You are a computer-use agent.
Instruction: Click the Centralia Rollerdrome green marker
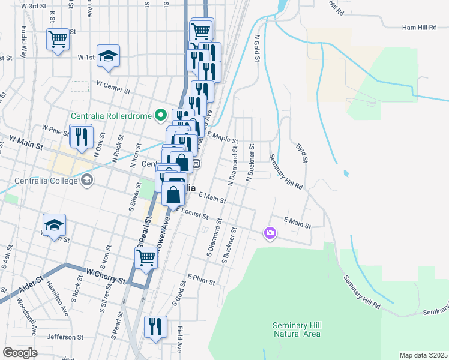point(160,114)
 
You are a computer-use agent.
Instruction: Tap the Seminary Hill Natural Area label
point(297,329)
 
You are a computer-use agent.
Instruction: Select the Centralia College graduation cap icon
point(87,179)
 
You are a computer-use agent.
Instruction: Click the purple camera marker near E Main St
point(270,233)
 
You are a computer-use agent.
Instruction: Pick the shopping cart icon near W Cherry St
point(146,258)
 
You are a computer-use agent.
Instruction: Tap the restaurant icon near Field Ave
point(155,327)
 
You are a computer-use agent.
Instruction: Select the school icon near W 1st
point(108,56)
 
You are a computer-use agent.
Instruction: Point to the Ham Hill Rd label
point(420,27)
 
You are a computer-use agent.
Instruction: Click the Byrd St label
point(301,152)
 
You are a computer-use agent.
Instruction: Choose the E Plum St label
point(200,277)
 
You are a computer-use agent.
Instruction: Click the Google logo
point(20,352)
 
